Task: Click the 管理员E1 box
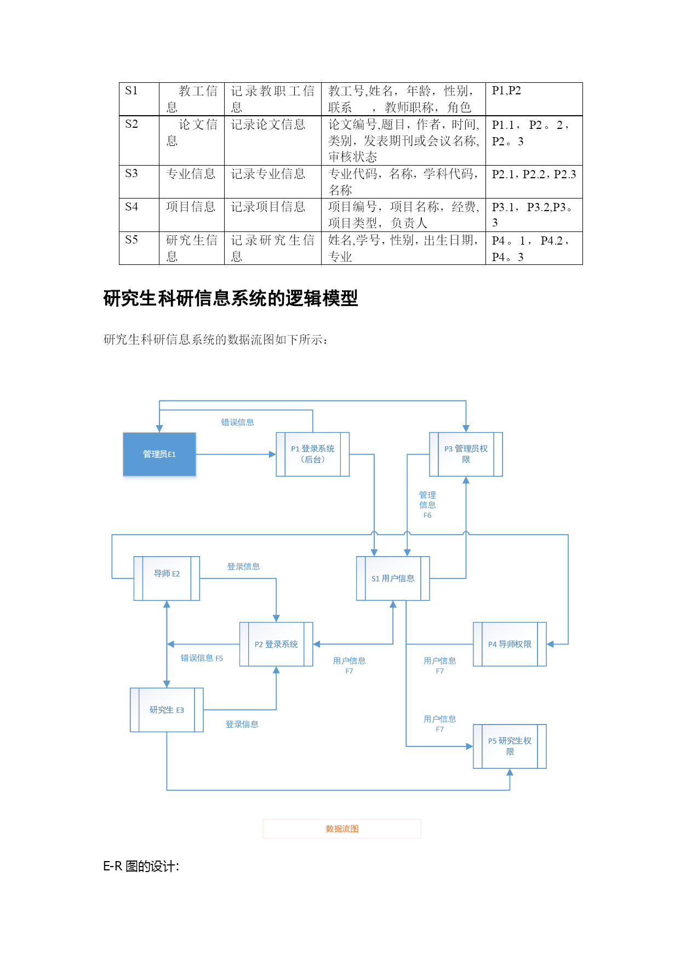[x=159, y=454]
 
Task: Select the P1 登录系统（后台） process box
[x=312, y=454]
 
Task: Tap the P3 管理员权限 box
[x=466, y=454]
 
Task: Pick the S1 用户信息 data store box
[x=393, y=578]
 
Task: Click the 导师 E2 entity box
[x=167, y=578]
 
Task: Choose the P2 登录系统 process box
[x=276, y=644]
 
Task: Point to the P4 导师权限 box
[x=510, y=644]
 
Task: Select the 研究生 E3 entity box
[x=167, y=710]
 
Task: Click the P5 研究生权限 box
[x=510, y=746]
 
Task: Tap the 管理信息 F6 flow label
[x=427, y=505]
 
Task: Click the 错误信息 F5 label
[x=202, y=658]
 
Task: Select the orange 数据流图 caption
[x=342, y=829]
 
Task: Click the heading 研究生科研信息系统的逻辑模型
[x=231, y=299]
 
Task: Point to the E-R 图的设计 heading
[x=141, y=867]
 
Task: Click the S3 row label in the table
[x=132, y=174]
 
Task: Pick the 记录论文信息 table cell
[x=268, y=125]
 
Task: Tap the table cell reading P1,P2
[x=506, y=91]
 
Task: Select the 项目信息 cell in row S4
[x=191, y=207]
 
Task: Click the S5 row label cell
[x=132, y=240]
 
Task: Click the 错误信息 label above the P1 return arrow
[x=237, y=422]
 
